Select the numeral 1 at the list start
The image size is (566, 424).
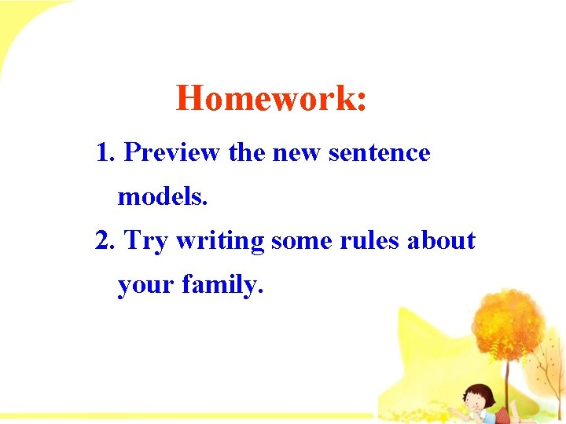[x=101, y=152]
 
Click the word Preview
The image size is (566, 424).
[x=171, y=152]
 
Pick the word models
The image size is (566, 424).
[x=162, y=196]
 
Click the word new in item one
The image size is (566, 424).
[x=296, y=152]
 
